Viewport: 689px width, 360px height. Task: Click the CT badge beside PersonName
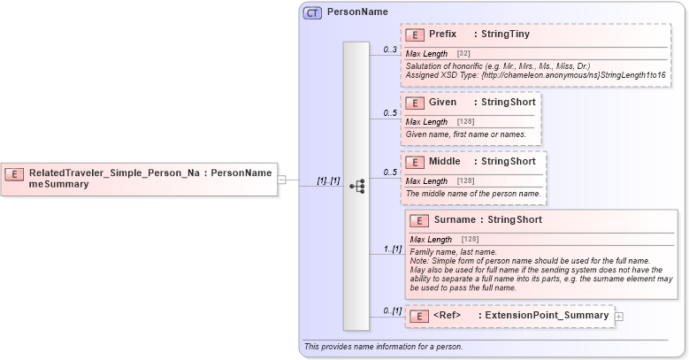click(312, 12)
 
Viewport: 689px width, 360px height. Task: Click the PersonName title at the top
click(357, 12)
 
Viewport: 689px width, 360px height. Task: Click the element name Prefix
click(443, 34)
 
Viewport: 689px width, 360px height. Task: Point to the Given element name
click(442, 103)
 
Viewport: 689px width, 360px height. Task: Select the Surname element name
click(454, 220)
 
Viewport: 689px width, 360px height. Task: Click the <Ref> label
click(448, 316)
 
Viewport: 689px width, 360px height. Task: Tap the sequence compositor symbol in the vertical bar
click(356, 187)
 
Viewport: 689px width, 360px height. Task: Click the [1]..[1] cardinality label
click(328, 180)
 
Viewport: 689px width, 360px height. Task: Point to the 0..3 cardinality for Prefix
click(390, 50)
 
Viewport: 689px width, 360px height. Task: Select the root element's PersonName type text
click(241, 173)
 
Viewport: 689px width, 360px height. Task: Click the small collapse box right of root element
click(281, 180)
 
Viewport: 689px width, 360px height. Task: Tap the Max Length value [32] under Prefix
click(463, 54)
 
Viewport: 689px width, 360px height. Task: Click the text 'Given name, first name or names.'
click(466, 134)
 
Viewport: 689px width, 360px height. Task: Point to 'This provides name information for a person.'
click(383, 347)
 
